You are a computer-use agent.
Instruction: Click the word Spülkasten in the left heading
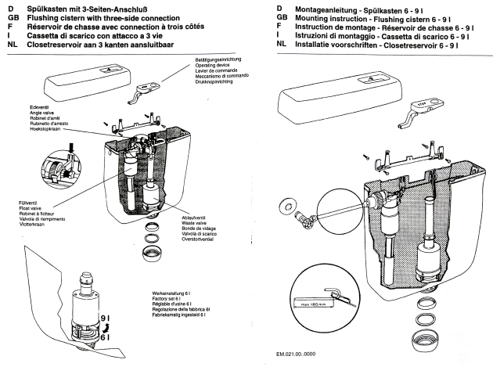point(44,7)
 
